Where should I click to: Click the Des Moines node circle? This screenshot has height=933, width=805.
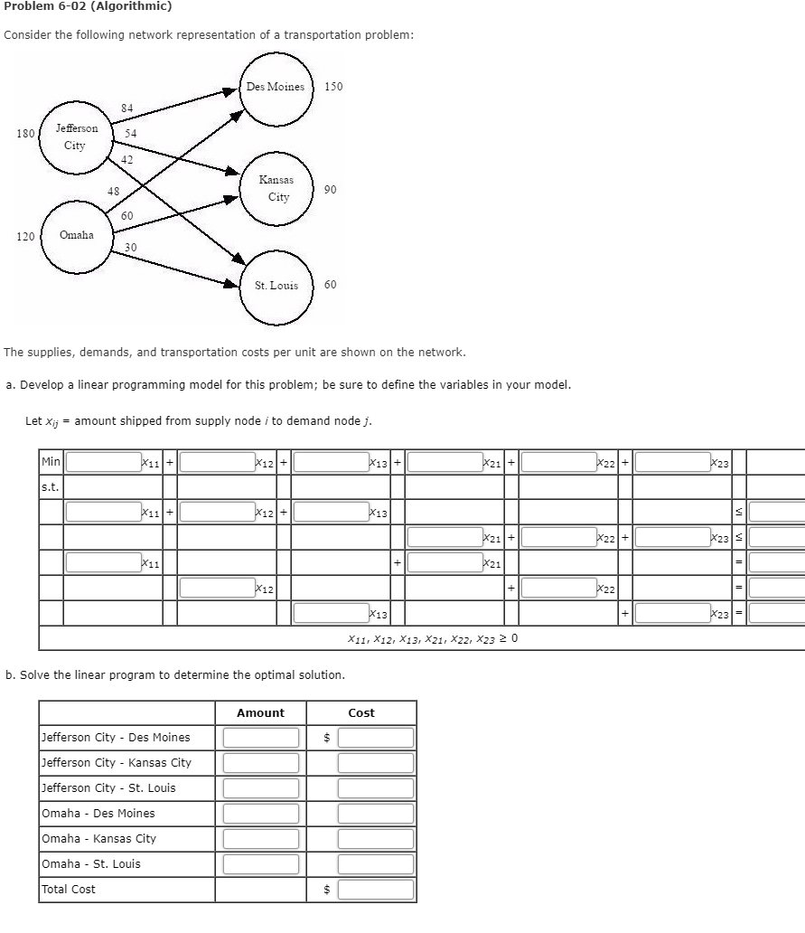(x=277, y=88)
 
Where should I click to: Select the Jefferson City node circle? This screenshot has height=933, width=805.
(x=76, y=137)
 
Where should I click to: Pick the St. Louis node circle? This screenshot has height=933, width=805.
(x=277, y=286)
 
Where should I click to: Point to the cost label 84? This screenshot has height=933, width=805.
(x=126, y=108)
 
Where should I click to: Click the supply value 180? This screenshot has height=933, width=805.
(x=26, y=134)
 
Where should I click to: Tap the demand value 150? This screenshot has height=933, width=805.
(x=333, y=87)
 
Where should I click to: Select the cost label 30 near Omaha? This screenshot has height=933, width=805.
(x=131, y=248)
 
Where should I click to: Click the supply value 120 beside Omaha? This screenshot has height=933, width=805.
(x=26, y=236)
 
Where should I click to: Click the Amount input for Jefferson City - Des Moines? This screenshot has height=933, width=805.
(x=260, y=738)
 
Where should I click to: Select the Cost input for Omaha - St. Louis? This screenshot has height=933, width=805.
(x=376, y=864)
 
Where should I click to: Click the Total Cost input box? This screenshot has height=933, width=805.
(x=376, y=890)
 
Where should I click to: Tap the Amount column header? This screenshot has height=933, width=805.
(x=260, y=713)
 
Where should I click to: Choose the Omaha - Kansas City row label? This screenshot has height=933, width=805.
(x=99, y=839)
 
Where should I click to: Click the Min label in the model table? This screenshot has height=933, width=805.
(x=51, y=462)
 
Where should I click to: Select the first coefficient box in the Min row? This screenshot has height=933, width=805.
(x=101, y=462)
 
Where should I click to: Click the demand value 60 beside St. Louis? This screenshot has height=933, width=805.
(x=330, y=285)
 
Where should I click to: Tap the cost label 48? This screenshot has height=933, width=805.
(x=113, y=191)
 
